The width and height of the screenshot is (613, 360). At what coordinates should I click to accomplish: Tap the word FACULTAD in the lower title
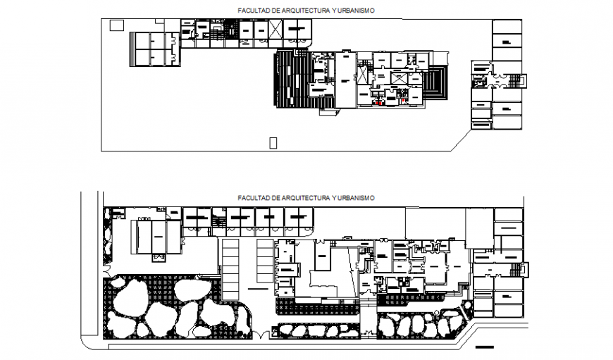coord(254,198)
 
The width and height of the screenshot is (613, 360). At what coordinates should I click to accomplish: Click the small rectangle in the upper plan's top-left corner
coord(117,25)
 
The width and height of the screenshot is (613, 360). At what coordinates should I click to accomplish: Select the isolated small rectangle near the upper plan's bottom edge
coord(273,143)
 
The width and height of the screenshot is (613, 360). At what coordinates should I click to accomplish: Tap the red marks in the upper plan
coord(380,103)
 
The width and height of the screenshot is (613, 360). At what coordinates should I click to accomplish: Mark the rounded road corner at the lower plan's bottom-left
coord(86,341)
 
